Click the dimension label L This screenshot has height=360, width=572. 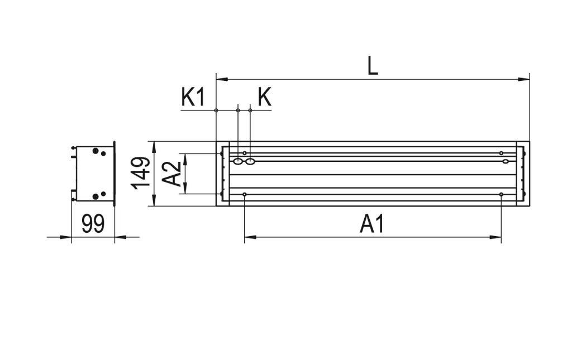point(373,66)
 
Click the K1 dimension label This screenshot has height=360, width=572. point(193,97)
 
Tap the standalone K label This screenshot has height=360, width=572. point(264,97)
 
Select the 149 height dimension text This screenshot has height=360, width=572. point(141,173)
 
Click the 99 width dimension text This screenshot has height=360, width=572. point(93,224)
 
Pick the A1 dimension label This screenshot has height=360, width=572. point(372,224)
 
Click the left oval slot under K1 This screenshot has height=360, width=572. point(238,162)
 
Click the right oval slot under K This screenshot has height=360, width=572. point(250,162)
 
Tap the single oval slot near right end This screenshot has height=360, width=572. point(505,162)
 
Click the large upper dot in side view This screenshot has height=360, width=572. point(96,151)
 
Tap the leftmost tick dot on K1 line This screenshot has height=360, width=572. point(216,110)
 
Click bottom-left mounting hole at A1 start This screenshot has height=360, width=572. point(245,194)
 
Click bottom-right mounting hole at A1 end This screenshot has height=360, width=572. point(501,194)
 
